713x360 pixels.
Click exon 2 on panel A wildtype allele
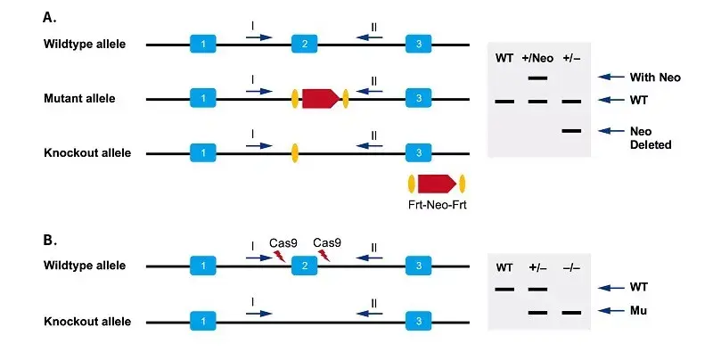[x=305, y=44]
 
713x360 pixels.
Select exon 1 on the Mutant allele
[x=203, y=99]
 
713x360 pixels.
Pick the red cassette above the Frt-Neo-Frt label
[x=437, y=184]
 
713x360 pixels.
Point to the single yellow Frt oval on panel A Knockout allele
[x=294, y=153]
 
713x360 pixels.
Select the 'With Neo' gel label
[x=655, y=78]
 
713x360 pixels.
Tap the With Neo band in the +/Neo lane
[x=538, y=78]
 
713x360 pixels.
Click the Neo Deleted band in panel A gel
[x=572, y=131]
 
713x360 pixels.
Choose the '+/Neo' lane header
[x=538, y=58]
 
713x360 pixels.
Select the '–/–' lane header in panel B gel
[x=572, y=268]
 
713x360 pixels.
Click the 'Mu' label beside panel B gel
[x=638, y=312]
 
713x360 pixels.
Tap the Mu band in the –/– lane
[x=572, y=312]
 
